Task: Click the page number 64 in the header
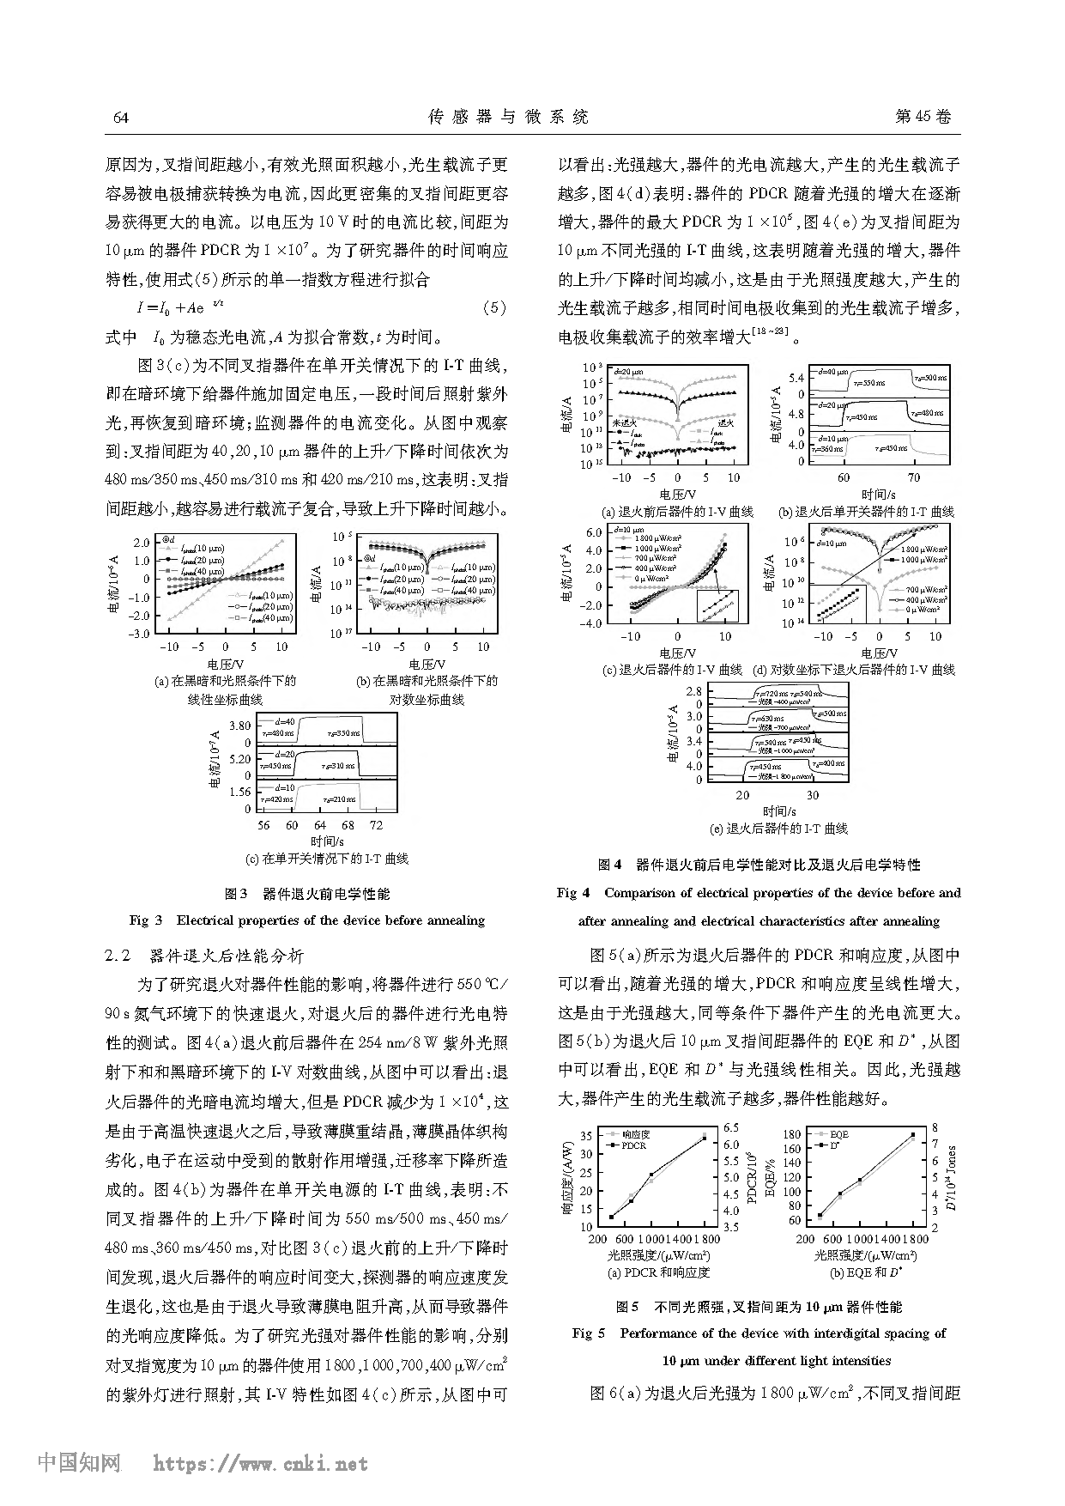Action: coord(121,118)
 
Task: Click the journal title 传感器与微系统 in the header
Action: coord(508,117)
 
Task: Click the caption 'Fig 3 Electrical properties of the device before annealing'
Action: coord(307,920)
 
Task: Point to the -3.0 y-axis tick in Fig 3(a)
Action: coord(138,634)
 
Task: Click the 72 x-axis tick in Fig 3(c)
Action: coord(376,825)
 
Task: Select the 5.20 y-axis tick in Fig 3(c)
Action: coord(239,759)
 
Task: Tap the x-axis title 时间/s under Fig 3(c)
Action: coord(327,841)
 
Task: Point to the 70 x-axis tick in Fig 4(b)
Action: coord(914,477)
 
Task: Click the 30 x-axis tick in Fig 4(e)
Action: coord(812,795)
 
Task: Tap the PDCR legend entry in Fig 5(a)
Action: coord(633,1145)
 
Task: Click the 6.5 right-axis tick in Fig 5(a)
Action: coord(730,1128)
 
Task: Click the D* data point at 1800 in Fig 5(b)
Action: coord(912,1135)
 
